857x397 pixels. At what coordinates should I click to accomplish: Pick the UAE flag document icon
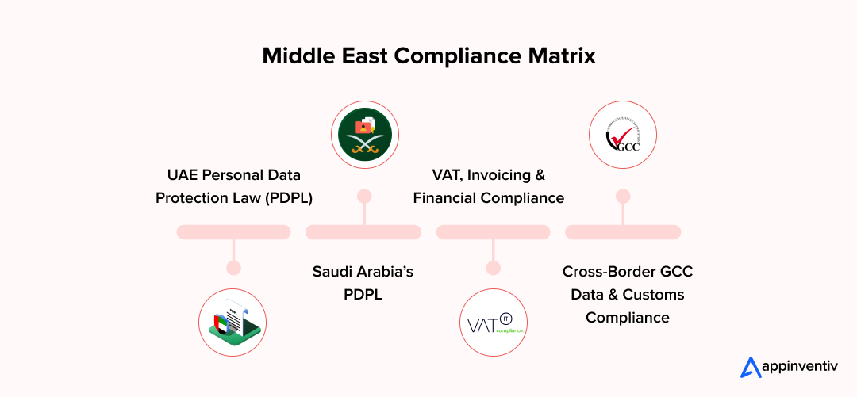[233, 321]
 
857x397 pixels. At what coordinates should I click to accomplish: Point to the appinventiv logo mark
[750, 367]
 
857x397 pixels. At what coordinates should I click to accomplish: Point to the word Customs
[654, 295]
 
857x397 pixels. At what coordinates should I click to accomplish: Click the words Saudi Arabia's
[363, 272]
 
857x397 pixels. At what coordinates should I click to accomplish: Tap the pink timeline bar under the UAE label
[233, 232]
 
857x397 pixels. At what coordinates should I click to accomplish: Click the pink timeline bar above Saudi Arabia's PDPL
[363, 232]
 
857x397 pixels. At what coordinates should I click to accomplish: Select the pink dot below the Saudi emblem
[364, 196]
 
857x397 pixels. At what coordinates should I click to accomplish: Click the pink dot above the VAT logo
[493, 268]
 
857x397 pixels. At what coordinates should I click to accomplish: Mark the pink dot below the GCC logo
[623, 196]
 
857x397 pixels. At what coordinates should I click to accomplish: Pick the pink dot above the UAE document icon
[233, 268]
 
